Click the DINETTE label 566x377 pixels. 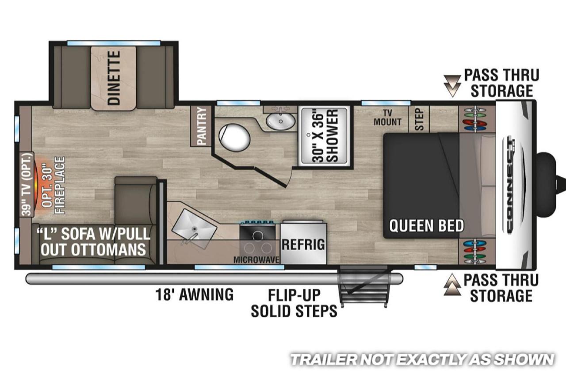(114, 78)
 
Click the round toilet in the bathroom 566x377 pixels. (234, 137)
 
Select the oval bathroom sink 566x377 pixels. (280, 121)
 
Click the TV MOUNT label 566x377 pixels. (387, 118)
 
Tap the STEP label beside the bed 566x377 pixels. (419, 119)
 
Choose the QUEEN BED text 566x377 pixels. (427, 225)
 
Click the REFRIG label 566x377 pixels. (303, 244)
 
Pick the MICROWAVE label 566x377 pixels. (256, 260)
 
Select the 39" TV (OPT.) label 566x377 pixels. (27, 184)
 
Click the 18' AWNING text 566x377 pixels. (194, 294)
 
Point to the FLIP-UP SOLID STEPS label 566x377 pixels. (294, 303)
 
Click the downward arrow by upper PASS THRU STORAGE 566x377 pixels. (452, 86)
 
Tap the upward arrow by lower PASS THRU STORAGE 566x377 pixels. (452, 285)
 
